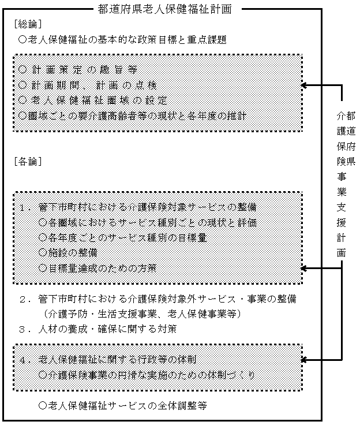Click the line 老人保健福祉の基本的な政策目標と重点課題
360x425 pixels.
click(122, 40)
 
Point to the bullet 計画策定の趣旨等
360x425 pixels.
click(77, 70)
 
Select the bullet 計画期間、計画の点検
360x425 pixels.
click(93, 85)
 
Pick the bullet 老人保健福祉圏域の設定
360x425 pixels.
click(92, 100)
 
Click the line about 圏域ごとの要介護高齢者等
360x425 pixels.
click(133, 115)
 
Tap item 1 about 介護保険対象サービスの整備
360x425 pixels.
click(137, 207)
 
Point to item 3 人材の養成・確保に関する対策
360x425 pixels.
click(105, 329)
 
